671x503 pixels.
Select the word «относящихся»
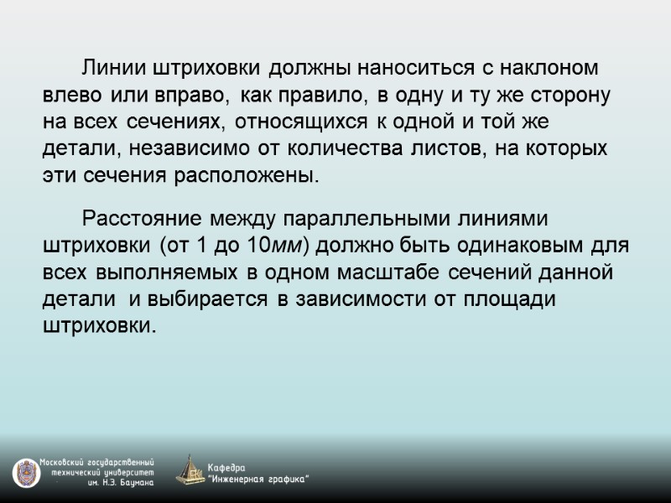point(300,122)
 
